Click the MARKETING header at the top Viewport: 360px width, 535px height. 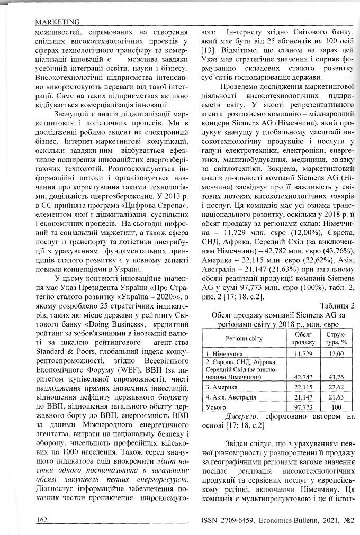57,22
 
